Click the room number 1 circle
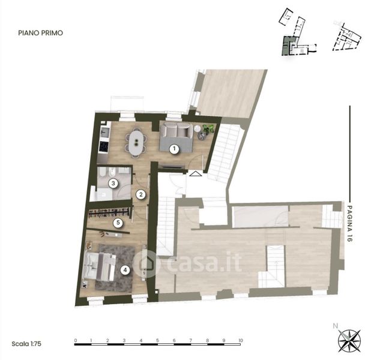174,149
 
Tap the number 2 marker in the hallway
140,194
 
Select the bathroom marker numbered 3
113,184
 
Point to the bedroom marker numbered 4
125,270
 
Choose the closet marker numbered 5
118,223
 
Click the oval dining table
136,142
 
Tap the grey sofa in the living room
176,130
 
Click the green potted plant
208,129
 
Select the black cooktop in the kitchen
103,146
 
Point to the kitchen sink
104,132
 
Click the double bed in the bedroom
99,266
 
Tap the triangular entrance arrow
196,173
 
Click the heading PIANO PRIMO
41,33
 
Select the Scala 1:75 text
26,344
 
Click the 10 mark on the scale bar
240,340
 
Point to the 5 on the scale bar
157,340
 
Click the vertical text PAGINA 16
349,224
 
